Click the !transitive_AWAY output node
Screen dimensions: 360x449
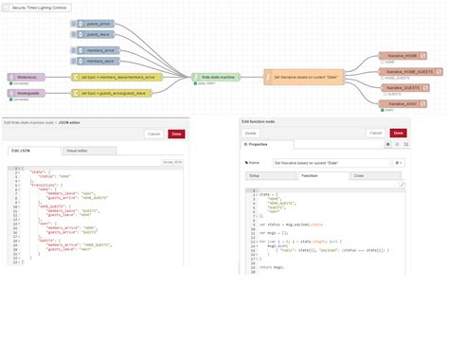(x=404, y=103)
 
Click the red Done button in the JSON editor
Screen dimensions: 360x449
(x=176, y=134)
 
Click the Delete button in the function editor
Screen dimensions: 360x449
(x=251, y=134)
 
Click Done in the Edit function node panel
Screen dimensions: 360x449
(x=398, y=134)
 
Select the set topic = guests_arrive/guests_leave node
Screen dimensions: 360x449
(x=115, y=94)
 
